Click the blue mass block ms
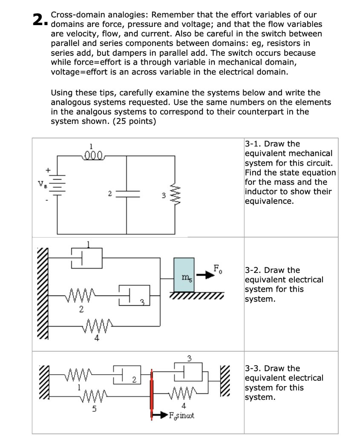[184, 278]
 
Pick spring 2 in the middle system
[81, 293]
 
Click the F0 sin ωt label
[181, 415]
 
